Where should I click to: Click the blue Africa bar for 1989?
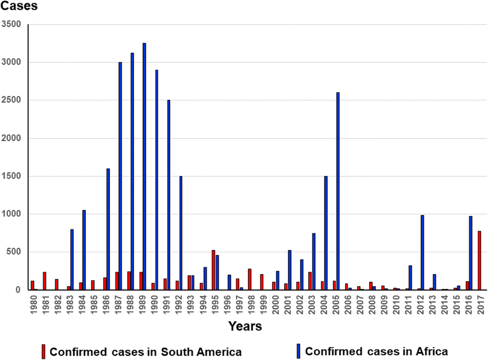(x=144, y=166)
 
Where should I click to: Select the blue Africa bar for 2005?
(x=338, y=191)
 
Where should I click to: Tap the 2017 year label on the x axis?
(x=480, y=304)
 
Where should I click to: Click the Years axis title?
(x=245, y=326)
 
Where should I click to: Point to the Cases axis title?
(x=19, y=7)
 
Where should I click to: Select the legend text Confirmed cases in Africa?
(x=377, y=351)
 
